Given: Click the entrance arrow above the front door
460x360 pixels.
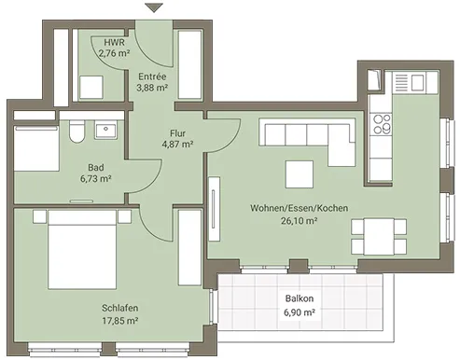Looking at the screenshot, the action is [x=154, y=7].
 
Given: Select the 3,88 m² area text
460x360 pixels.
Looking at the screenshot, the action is [x=152, y=88].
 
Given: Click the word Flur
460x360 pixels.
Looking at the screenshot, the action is [x=177, y=133].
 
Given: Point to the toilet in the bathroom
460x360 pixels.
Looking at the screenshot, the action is [x=77, y=132].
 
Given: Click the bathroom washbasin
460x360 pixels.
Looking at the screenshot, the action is [x=106, y=131].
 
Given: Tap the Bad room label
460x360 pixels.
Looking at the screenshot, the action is [x=96, y=168].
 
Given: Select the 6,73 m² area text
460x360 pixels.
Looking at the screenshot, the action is [x=96, y=179].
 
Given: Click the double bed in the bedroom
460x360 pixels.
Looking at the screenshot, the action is [x=82, y=249].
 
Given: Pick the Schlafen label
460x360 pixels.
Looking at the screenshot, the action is [x=120, y=308].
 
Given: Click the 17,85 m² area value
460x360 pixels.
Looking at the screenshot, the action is [x=120, y=320].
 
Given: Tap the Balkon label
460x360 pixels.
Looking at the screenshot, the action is [x=300, y=298].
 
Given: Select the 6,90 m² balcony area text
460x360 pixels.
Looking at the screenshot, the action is [x=300, y=312].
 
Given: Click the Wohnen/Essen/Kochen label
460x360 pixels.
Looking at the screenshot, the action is [x=300, y=208].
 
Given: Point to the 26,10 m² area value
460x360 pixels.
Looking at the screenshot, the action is [x=300, y=221].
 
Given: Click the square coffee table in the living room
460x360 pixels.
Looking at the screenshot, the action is [x=300, y=174].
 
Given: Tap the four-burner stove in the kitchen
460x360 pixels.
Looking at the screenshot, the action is [x=383, y=124].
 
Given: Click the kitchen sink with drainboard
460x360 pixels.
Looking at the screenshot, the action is [x=409, y=82].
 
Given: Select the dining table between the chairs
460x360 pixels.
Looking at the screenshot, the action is [x=378, y=237].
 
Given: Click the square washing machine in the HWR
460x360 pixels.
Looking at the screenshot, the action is [x=91, y=87].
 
